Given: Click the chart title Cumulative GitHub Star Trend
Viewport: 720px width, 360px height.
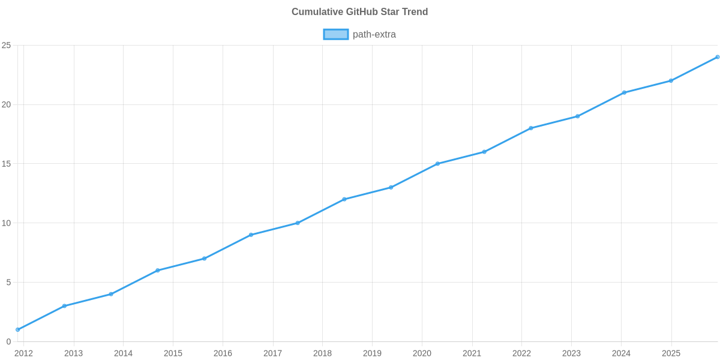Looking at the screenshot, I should pos(359,12).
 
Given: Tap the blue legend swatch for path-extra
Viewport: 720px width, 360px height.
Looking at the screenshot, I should pos(335,34).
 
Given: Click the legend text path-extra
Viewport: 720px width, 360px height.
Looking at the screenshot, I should pos(374,34).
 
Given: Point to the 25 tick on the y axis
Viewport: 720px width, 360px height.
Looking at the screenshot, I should pos(7,46).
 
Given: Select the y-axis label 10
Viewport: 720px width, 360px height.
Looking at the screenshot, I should pos(7,223).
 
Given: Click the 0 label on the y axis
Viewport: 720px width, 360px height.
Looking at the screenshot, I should pos(8,341).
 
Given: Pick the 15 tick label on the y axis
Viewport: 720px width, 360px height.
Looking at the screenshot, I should pos(7,164).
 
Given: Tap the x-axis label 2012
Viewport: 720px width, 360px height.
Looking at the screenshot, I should pos(23,353).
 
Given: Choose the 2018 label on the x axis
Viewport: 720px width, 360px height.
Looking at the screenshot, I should pos(322,353).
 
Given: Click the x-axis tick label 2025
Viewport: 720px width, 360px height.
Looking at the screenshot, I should pos(671,353).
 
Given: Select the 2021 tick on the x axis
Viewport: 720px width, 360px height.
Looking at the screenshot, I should pos(472,353).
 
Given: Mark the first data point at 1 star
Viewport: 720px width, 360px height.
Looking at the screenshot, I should pos(18,329).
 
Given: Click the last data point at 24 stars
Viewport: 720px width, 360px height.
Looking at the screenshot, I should pos(717,57).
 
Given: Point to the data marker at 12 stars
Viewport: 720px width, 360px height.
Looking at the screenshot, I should pos(344,199).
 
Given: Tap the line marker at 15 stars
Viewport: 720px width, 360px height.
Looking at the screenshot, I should pos(437,164).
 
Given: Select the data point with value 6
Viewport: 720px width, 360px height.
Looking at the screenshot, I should pos(158,270).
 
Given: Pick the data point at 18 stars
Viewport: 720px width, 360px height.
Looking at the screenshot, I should pos(531,128).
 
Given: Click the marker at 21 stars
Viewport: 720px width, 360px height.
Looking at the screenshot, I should pos(624,92).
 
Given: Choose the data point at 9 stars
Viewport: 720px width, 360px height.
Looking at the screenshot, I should pos(251,235).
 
